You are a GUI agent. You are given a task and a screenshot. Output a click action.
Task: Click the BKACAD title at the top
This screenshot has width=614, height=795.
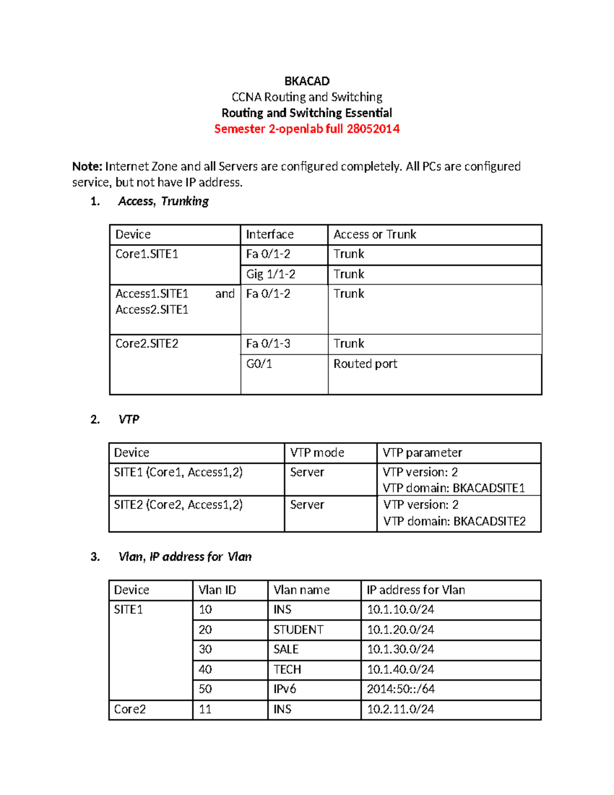[x=306, y=81]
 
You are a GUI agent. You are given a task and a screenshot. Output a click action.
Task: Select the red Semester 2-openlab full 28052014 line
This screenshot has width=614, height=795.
[x=306, y=128]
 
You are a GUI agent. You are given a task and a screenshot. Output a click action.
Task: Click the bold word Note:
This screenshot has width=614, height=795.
[x=87, y=166]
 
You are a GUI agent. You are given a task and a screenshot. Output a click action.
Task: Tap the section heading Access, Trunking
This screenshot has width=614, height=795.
[x=163, y=201]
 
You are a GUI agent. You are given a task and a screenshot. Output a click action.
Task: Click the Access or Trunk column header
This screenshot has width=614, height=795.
[x=375, y=234]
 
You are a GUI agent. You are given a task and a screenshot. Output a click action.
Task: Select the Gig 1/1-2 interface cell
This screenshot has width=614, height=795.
[x=270, y=274]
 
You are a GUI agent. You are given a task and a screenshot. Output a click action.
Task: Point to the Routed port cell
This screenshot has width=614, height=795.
[x=365, y=364]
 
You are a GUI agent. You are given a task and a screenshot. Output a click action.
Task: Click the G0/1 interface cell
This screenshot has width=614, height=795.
[x=259, y=364]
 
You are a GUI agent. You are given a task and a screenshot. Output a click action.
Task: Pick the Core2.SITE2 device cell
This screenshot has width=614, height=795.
[x=147, y=343]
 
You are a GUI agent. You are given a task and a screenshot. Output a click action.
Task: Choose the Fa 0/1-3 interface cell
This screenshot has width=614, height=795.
[x=268, y=343]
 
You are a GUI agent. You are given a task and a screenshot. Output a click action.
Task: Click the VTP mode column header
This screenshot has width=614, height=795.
[x=317, y=453]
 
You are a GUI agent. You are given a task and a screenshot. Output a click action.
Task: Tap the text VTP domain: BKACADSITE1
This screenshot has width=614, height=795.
[x=453, y=488]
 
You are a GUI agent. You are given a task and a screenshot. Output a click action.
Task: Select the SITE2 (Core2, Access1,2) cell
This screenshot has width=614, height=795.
[x=178, y=505]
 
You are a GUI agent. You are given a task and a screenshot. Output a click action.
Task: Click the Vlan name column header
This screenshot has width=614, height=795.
[x=301, y=590]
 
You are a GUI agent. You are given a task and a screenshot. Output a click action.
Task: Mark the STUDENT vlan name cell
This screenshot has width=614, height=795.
[x=298, y=630]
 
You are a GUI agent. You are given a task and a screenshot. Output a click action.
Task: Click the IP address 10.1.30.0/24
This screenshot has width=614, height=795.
[x=400, y=649]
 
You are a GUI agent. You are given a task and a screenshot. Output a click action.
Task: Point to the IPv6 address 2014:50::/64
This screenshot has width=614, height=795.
[x=401, y=689]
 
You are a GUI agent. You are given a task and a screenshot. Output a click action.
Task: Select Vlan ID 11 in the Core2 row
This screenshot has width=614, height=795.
[x=205, y=709]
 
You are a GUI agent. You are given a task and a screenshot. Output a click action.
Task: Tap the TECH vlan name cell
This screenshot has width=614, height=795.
[x=287, y=670]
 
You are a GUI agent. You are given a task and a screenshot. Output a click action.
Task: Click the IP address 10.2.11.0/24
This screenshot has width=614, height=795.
[x=400, y=709]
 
